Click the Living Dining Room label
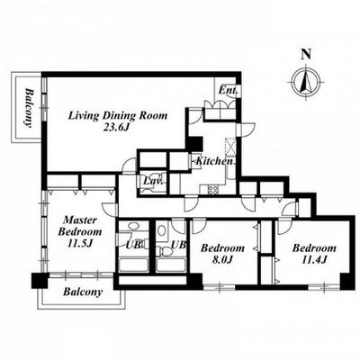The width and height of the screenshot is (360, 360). [118, 115]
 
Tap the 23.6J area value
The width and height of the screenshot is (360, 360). [116, 128]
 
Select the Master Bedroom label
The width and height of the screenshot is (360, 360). [80, 226]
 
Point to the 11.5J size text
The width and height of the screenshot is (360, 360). [79, 243]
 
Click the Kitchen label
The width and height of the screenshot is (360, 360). [214, 161]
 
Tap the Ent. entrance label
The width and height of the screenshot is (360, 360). [228, 90]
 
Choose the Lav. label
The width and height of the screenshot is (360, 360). [153, 181]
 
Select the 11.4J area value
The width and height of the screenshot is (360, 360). [314, 260]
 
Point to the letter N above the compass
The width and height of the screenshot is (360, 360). [306, 54]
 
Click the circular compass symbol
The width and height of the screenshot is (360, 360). [306, 81]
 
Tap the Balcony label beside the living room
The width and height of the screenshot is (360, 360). [29, 108]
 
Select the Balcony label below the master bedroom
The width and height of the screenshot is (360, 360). [83, 292]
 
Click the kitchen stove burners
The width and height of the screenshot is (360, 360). [213, 189]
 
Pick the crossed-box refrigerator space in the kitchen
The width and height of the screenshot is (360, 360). [230, 147]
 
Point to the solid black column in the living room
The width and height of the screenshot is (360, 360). [195, 143]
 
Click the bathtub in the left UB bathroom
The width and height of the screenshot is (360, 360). [134, 265]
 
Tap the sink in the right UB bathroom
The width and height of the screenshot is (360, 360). [162, 230]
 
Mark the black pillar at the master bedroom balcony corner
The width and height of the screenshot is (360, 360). [40, 281]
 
